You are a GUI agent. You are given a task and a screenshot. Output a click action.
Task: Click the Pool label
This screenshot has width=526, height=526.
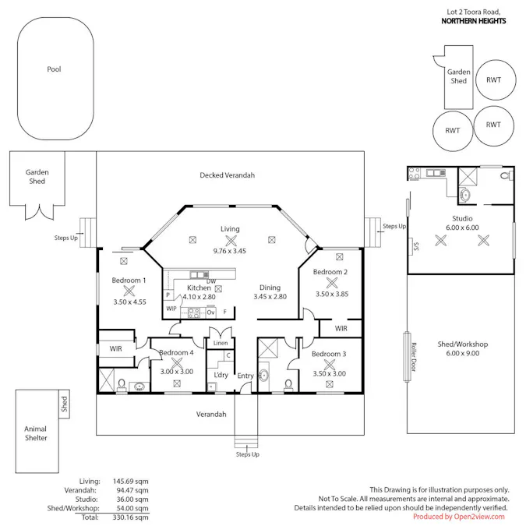point(54,69)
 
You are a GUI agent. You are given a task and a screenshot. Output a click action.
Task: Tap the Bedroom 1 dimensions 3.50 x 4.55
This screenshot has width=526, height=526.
point(130,302)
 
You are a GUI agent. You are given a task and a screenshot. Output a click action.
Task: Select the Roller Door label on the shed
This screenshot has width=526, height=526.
point(414,357)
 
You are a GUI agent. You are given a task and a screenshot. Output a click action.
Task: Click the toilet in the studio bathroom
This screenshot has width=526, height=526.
point(507,175)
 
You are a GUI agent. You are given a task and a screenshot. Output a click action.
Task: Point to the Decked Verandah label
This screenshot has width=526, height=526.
point(227,175)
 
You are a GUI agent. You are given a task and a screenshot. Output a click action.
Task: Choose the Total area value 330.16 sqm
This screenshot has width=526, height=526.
point(130,517)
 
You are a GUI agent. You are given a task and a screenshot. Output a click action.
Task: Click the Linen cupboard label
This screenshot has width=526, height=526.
point(221,343)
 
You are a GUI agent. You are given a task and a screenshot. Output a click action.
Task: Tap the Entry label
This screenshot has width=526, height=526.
point(245,376)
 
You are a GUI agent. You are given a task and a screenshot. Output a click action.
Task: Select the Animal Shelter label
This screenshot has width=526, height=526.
point(36,433)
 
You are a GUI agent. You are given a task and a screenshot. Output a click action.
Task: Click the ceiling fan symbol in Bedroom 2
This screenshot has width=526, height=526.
point(332,283)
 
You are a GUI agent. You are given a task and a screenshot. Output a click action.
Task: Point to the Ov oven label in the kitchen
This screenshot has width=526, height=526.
point(210,312)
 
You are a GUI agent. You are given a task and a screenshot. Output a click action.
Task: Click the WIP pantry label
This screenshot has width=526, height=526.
point(171,309)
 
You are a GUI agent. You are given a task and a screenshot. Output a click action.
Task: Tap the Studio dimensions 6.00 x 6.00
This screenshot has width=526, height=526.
point(462,228)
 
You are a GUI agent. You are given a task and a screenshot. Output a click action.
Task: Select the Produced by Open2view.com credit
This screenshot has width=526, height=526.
point(458,517)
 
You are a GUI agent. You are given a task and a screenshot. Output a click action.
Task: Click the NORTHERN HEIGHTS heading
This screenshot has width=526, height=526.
point(474,21)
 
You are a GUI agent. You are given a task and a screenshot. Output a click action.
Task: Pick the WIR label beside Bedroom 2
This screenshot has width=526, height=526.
point(341,328)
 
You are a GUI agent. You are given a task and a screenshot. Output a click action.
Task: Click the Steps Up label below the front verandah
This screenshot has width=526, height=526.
point(248,454)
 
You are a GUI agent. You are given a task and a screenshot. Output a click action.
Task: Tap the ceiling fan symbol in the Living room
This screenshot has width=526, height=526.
point(231,240)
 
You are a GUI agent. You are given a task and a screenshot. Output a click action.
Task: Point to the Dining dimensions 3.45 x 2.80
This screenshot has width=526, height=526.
point(270,297)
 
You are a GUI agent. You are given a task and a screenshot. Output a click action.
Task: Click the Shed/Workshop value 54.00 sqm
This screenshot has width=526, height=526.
point(132,508)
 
